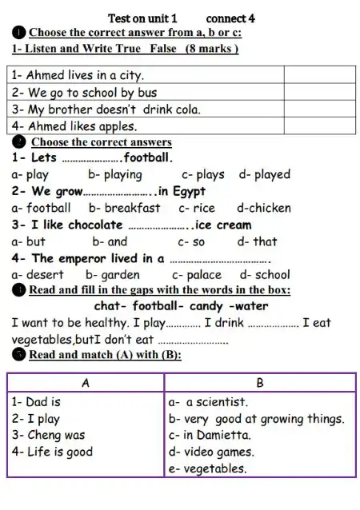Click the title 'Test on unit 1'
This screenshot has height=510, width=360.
[x=142, y=17]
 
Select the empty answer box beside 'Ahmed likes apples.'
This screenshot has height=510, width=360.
[x=319, y=126]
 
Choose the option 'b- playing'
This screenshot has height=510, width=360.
[x=115, y=174]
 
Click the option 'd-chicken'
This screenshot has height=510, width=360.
[x=264, y=208]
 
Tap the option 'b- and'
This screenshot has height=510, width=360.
[x=110, y=241]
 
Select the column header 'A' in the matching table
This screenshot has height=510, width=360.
[x=86, y=383]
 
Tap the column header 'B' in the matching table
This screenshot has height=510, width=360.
[x=259, y=383]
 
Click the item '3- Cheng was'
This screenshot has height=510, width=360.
[x=48, y=436]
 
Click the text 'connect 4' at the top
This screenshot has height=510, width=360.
[x=230, y=17]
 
